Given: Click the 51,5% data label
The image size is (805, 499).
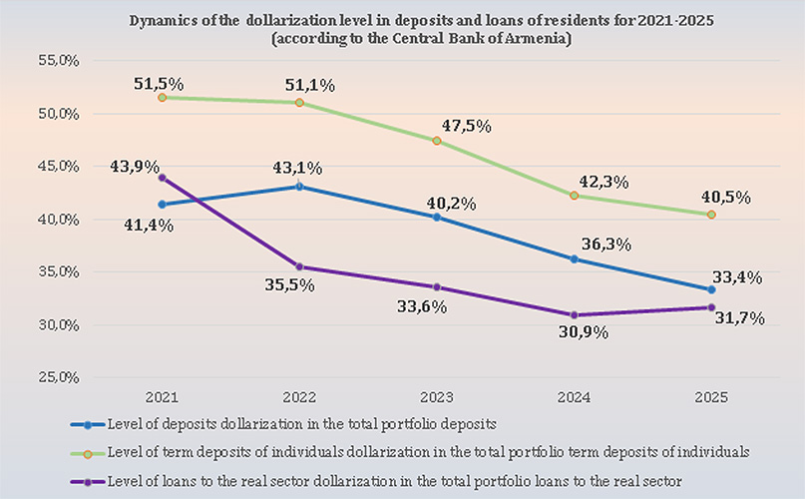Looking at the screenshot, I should [159, 83].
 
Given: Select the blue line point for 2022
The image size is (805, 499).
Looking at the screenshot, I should [298, 187].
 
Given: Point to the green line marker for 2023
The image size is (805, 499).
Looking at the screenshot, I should [438, 141].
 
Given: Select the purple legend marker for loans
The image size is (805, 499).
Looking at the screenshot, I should [88, 481].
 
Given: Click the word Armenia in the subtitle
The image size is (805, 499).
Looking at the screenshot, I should [541, 38].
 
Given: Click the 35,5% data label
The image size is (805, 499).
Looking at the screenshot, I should [289, 285].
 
